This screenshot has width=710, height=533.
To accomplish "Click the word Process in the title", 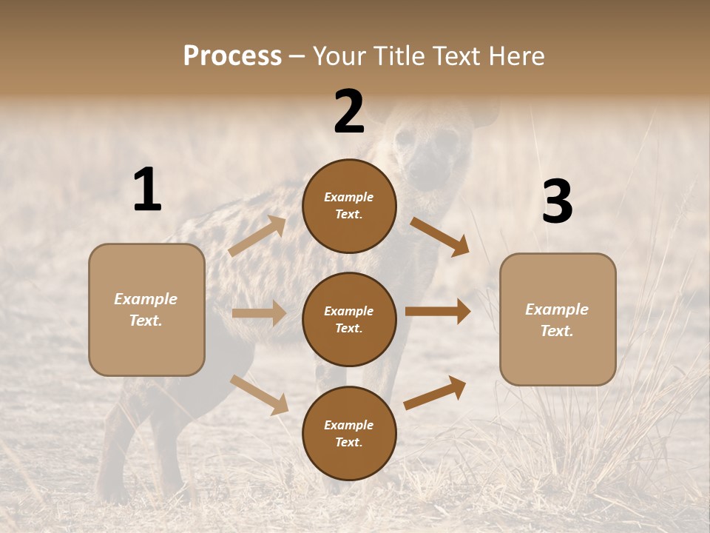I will (232, 56).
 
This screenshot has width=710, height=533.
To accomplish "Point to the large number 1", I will (147, 190).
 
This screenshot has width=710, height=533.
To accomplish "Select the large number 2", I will (349, 112).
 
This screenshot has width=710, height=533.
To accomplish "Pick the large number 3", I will (557, 201).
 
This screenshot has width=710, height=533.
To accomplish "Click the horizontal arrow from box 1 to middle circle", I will (259, 313).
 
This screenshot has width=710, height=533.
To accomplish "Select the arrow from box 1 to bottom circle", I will (260, 394).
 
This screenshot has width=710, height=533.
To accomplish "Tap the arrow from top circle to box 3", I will (440, 236).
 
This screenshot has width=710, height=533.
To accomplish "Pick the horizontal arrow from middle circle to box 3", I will (438, 312).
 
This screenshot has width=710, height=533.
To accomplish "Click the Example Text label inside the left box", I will (146, 309).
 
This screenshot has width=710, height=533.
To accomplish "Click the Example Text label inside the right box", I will (557, 320).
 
